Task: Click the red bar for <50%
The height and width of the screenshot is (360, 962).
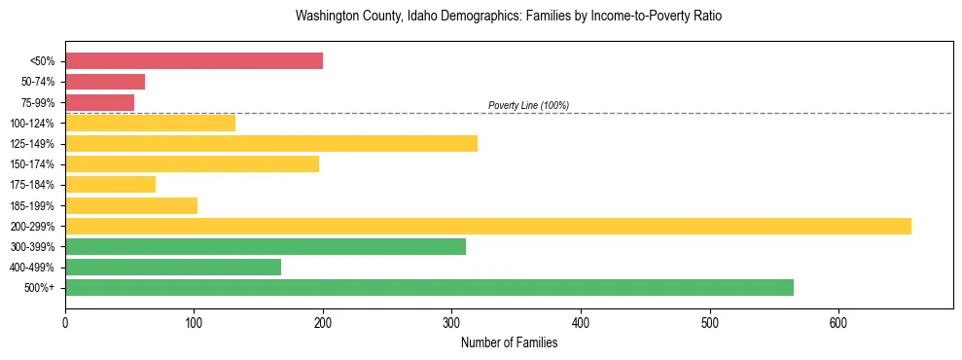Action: tap(194, 60)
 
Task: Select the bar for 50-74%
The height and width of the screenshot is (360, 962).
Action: tap(105, 82)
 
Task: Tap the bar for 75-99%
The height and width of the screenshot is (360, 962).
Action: tap(99, 102)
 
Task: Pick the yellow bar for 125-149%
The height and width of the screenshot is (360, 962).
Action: tap(271, 143)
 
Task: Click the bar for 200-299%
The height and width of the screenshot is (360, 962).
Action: tap(488, 226)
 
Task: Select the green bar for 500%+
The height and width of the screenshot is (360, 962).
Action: tap(429, 287)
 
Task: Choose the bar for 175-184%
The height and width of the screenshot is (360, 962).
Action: tap(110, 184)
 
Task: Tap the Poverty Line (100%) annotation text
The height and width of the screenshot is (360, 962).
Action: tap(528, 105)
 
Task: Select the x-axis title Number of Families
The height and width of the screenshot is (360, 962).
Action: tap(509, 342)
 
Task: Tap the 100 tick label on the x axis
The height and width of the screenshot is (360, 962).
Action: tap(194, 322)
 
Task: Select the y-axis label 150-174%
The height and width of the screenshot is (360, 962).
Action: tap(33, 164)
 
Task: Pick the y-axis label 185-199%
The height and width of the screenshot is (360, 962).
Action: tap(33, 205)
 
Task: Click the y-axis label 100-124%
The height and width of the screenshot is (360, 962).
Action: tap(33, 124)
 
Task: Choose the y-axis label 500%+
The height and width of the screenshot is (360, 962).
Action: tap(39, 288)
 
